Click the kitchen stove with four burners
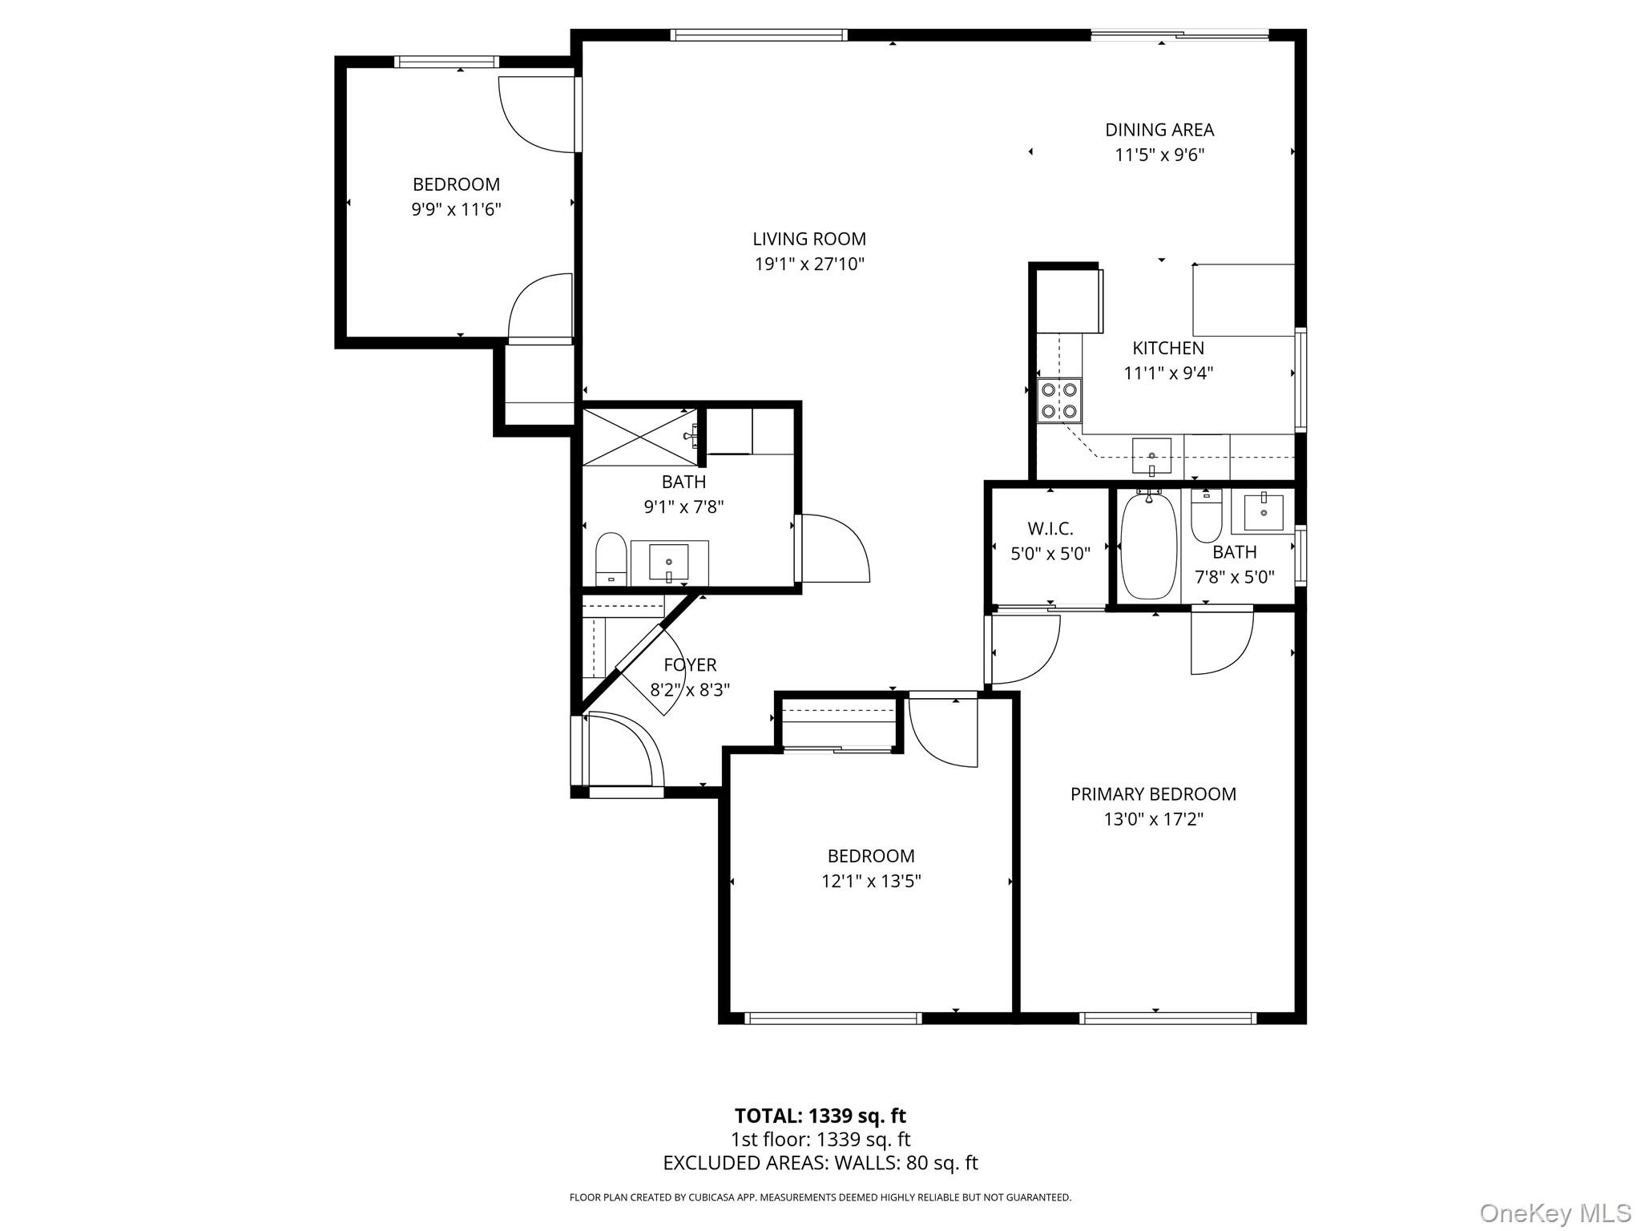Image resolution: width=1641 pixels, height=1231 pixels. tap(1058, 401)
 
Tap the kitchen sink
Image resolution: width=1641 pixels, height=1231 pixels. tap(1151, 456)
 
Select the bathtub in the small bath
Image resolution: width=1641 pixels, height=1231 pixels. tap(1148, 545)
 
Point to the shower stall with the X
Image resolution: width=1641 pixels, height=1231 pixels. tap(639, 436)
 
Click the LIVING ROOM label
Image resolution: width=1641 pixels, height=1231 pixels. tap(809, 239)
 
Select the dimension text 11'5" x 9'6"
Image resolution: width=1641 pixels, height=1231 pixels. tap(1159, 155)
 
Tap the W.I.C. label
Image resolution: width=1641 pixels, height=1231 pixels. tap(1050, 529)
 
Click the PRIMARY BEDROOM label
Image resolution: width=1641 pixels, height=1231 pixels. tap(1153, 794)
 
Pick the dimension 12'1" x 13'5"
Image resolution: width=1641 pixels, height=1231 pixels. tap(871, 882)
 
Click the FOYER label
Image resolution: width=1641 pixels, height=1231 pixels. tap(690, 665)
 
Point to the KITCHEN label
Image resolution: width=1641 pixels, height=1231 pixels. tap(1167, 349)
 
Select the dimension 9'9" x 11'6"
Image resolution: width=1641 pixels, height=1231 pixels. tap(456, 210)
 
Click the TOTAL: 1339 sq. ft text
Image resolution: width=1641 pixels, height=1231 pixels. tap(820, 1116)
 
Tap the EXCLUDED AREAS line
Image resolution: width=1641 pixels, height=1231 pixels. tap(820, 1163)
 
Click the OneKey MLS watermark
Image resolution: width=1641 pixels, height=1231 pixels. tap(1554, 1213)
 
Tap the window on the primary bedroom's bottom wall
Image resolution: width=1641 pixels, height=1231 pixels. tap(1166, 1019)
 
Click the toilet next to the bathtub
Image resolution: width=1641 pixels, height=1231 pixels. tap(1206, 517)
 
